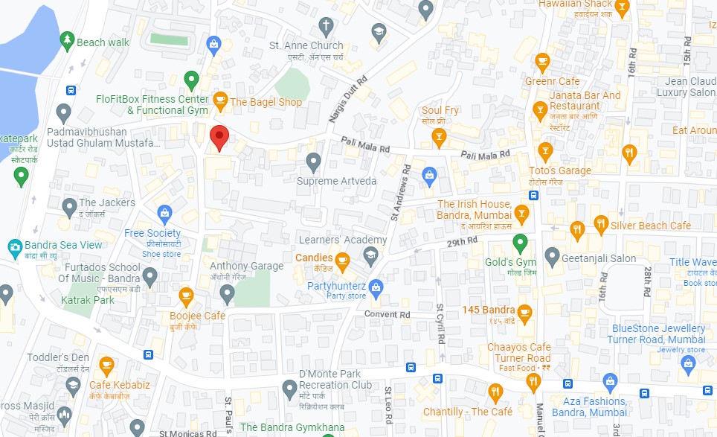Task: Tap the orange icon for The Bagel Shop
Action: (x=220, y=100)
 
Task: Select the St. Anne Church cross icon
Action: (x=325, y=28)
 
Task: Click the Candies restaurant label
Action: (x=314, y=258)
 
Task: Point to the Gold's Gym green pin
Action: (x=521, y=243)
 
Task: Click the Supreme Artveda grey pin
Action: (x=314, y=161)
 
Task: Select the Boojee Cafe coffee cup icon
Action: (x=186, y=297)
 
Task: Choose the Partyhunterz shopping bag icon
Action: (x=376, y=286)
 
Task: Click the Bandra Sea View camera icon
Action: (x=14, y=246)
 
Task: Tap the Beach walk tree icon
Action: (x=67, y=38)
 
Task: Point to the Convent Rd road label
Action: (x=387, y=314)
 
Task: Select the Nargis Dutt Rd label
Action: (x=348, y=100)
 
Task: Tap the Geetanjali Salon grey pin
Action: (x=552, y=258)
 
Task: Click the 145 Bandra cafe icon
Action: (x=525, y=310)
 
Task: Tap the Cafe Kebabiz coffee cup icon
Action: (x=106, y=365)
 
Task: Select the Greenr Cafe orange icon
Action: (x=542, y=61)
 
